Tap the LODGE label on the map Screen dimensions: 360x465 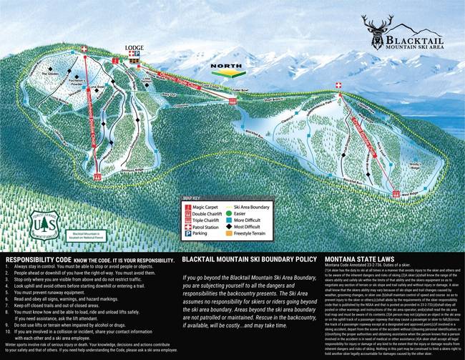pyautogui.click(x=134, y=49)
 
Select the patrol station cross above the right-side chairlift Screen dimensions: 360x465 pyautogui.click(x=338, y=84)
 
